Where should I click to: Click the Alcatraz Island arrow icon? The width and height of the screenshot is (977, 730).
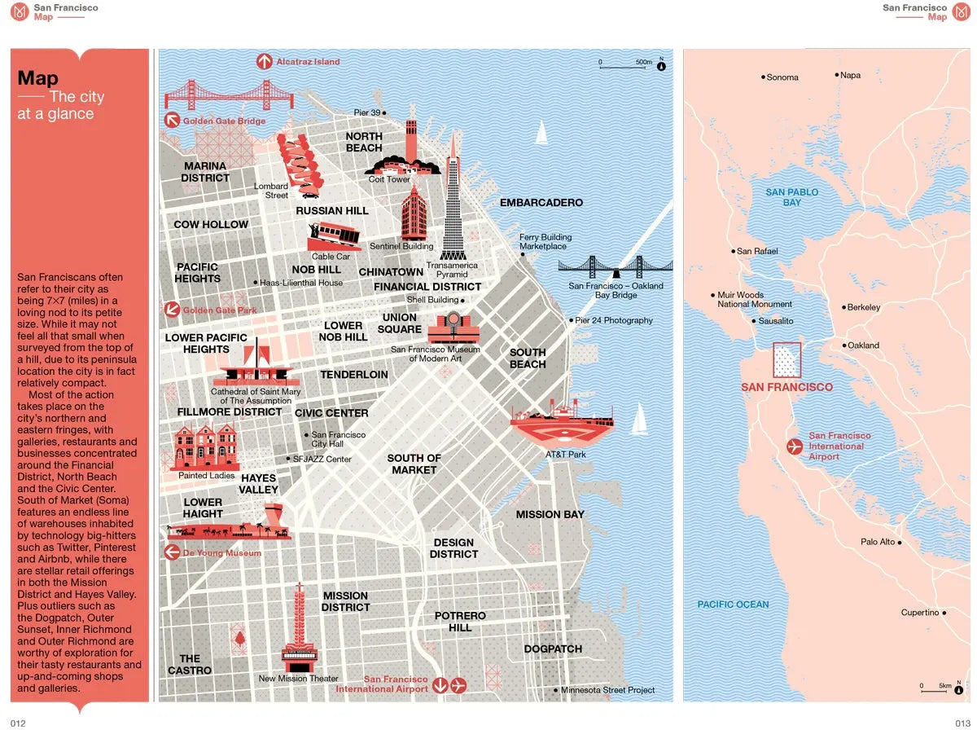point(264,61)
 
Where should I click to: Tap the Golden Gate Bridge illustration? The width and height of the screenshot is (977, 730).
point(217,95)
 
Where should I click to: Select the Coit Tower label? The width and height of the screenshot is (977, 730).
point(389,179)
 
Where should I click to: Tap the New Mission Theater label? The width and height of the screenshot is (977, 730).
point(298,679)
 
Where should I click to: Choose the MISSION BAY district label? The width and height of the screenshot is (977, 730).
point(550,514)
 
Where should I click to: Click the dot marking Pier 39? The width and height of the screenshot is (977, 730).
point(384,112)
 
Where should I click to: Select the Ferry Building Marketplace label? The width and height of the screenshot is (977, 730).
point(545,242)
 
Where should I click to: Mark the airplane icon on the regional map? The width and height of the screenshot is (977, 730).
point(795,446)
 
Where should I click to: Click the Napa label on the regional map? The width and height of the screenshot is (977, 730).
point(850,75)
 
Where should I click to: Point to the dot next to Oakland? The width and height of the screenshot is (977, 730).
point(844,345)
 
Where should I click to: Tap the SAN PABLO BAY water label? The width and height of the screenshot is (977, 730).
point(791,197)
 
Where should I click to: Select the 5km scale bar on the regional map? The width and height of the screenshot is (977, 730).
point(935,690)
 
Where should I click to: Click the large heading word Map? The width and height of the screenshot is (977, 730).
point(38,78)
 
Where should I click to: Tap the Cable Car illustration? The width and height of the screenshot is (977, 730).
point(334,236)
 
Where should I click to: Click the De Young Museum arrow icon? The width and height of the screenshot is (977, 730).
point(172,552)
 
